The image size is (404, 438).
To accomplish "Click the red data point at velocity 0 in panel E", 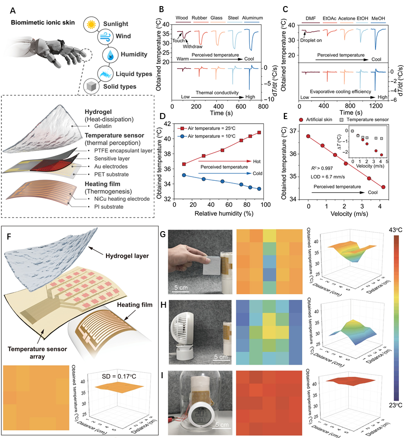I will pyautogui.click(x=308, y=136).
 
